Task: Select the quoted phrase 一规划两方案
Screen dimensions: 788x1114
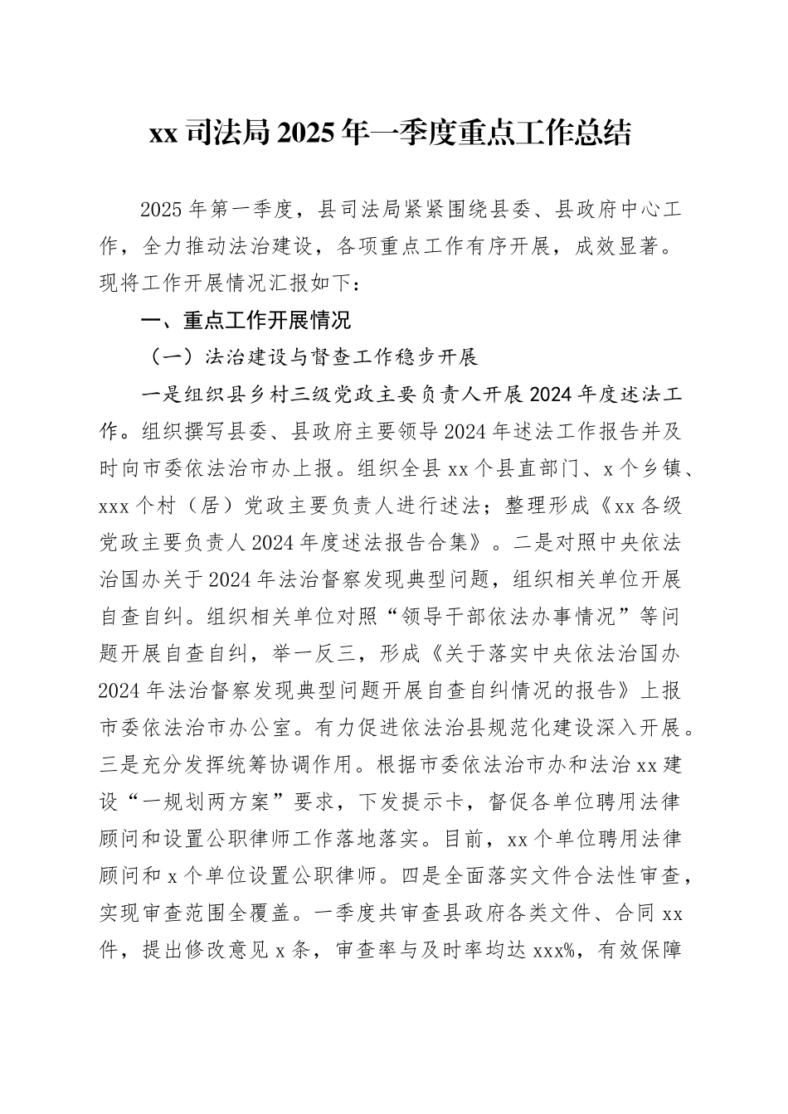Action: [x=223, y=802]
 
